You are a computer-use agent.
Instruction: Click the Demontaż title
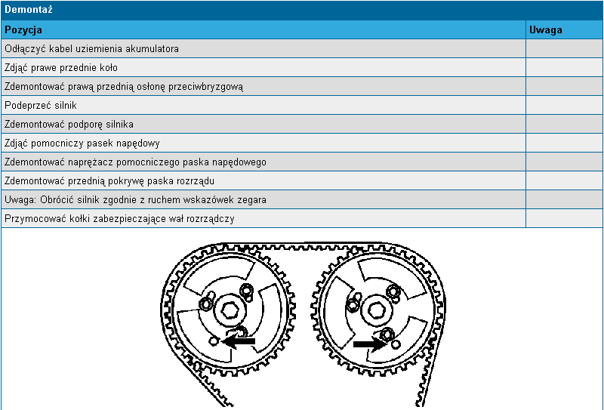point(29,10)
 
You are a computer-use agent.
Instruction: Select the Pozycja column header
point(23,30)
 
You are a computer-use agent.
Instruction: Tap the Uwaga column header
point(545,30)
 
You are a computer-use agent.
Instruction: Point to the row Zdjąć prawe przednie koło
point(61,68)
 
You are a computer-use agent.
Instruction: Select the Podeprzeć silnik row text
point(41,106)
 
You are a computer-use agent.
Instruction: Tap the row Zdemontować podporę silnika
point(69,125)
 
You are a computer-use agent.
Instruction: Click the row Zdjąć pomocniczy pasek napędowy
point(82,143)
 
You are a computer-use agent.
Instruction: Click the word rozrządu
point(197,181)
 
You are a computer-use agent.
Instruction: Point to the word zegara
point(252,200)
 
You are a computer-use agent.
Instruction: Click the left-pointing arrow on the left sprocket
point(239,341)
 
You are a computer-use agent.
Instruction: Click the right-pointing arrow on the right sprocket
point(370,344)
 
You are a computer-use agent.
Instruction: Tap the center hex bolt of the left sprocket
point(230,310)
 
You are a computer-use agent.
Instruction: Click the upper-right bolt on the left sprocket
point(246,291)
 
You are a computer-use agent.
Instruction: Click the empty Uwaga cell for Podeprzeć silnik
point(564,106)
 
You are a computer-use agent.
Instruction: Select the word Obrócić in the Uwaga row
point(54,200)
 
